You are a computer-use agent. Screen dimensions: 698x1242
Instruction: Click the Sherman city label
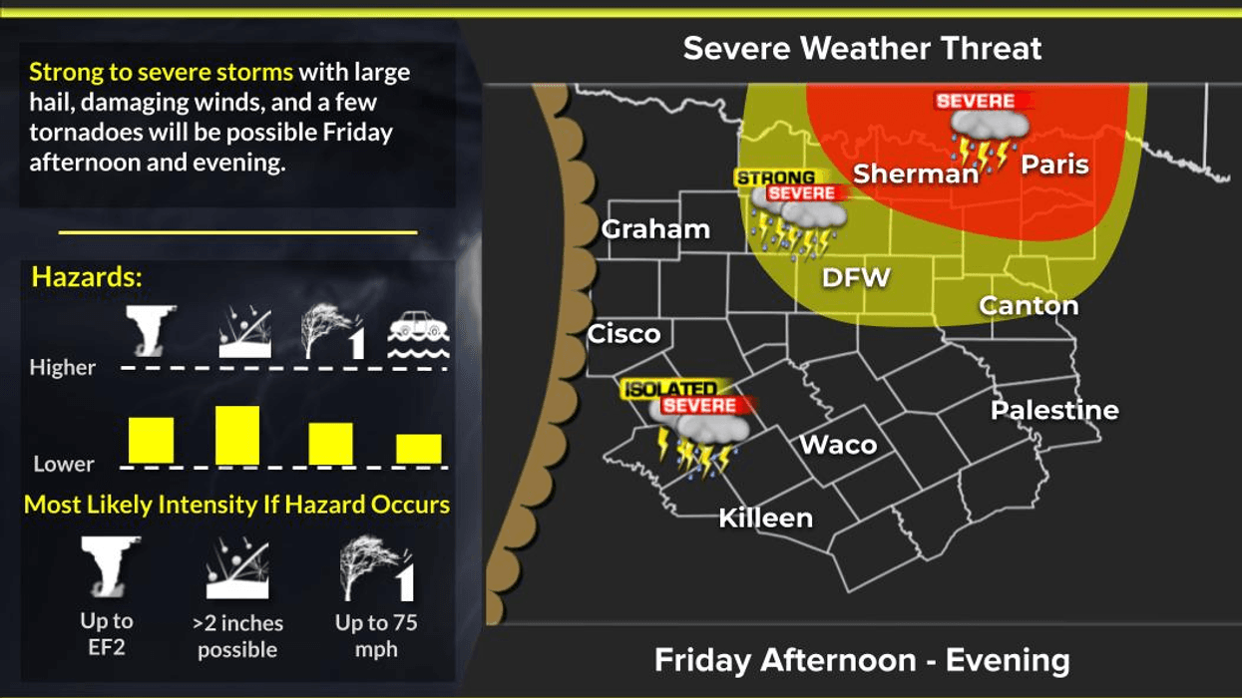pyautogui.click(x=916, y=174)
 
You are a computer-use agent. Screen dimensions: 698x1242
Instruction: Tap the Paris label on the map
pyautogui.click(x=1054, y=165)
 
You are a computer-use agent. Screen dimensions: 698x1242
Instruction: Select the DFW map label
pyautogui.click(x=855, y=277)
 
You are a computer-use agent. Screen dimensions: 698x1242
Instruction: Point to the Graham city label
pyautogui.click(x=655, y=229)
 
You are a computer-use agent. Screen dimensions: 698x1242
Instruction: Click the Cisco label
pyautogui.click(x=623, y=334)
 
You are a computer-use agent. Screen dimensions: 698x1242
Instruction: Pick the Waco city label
pyautogui.click(x=839, y=445)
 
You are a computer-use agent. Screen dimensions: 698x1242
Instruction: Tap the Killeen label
pyautogui.click(x=766, y=518)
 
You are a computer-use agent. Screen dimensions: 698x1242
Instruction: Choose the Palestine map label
pyautogui.click(x=1054, y=410)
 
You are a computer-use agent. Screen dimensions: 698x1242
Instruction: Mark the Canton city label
pyautogui.click(x=1029, y=305)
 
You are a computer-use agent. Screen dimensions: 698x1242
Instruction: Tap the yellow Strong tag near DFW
pyautogui.click(x=775, y=178)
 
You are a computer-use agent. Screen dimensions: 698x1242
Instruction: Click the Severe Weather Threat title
pyautogui.click(x=862, y=48)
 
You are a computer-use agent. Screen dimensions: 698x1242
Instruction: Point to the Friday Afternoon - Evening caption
pyautogui.click(x=862, y=659)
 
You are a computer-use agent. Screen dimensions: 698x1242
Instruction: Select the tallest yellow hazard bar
pyautogui.click(x=237, y=435)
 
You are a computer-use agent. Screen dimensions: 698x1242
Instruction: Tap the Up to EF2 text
pyautogui.click(x=107, y=634)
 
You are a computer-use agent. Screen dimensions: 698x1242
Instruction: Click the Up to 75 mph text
pyautogui.click(x=376, y=635)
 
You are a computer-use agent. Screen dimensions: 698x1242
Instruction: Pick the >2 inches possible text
pyautogui.click(x=237, y=636)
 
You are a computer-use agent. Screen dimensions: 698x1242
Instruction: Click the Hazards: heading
pyautogui.click(x=87, y=277)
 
